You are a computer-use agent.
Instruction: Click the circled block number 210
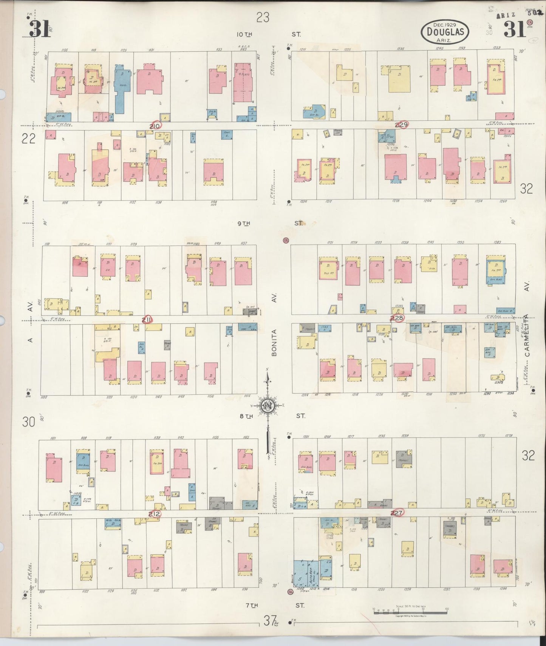tap(155, 126)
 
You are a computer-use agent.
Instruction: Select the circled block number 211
tap(147, 320)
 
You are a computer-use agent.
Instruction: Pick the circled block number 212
tap(154, 514)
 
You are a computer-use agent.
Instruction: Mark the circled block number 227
tap(397, 513)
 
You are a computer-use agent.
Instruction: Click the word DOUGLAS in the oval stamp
tap(445, 31)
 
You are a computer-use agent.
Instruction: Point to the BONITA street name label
tap(274, 343)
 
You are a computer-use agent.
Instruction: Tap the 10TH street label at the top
tap(244, 34)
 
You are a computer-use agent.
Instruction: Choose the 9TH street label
tap(244, 224)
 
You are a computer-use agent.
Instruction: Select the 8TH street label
tap(246, 416)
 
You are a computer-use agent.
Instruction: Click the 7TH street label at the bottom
tap(252, 606)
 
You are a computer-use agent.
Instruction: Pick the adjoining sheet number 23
tap(263, 17)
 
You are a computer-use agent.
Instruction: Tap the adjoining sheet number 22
tap(28, 139)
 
